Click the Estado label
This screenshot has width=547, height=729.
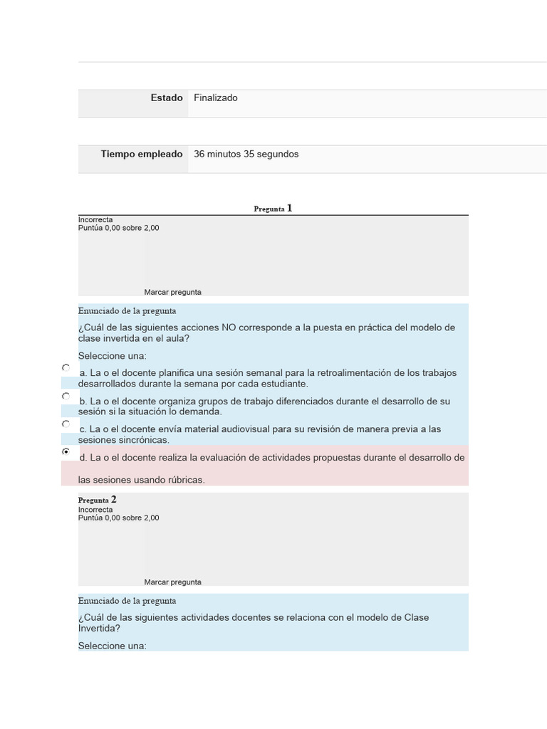[167, 98]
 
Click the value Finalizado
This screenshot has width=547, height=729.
[216, 98]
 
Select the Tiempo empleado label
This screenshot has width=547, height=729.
[142, 154]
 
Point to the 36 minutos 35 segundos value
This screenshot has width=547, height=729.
[246, 154]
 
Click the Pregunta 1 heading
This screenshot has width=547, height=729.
[273, 209]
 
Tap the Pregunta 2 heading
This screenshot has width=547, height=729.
[98, 500]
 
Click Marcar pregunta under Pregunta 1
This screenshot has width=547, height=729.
[172, 292]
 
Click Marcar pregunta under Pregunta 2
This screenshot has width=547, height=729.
[172, 582]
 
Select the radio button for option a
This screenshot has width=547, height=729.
[66, 368]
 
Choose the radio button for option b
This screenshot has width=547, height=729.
[66, 396]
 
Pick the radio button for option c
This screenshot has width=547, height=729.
[66, 424]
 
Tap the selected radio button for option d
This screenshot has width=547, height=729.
[66, 451]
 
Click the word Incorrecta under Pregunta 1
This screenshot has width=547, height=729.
[95, 220]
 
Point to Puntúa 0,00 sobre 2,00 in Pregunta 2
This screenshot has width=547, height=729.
[118, 518]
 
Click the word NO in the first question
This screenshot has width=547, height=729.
[229, 327]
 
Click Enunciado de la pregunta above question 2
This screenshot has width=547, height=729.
[127, 601]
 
